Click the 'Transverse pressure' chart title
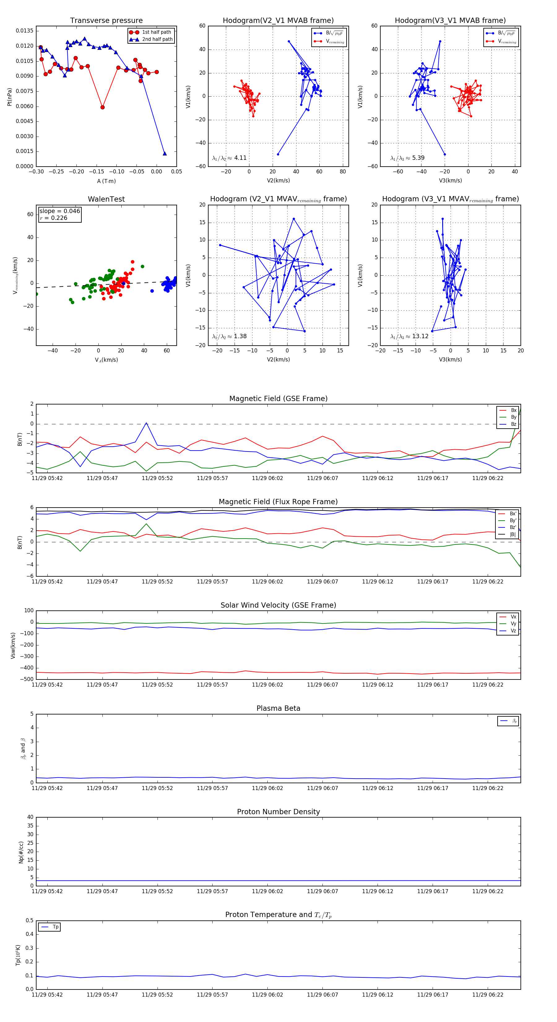point(106,21)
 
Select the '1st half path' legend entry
point(156,32)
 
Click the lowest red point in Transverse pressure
point(102,107)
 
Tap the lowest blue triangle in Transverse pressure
point(165,154)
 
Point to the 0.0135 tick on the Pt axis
point(24,31)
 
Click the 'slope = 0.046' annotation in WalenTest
point(59,211)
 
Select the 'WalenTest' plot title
point(106,199)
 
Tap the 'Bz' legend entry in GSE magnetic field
point(513,424)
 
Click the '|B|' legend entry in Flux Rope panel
point(512,535)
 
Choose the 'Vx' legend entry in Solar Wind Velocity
point(513,617)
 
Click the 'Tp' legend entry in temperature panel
point(55,927)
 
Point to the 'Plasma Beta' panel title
point(278,708)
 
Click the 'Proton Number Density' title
point(278,812)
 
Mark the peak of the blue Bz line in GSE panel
point(146,423)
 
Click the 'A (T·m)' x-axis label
point(106,181)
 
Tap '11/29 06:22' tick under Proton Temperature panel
point(487,995)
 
